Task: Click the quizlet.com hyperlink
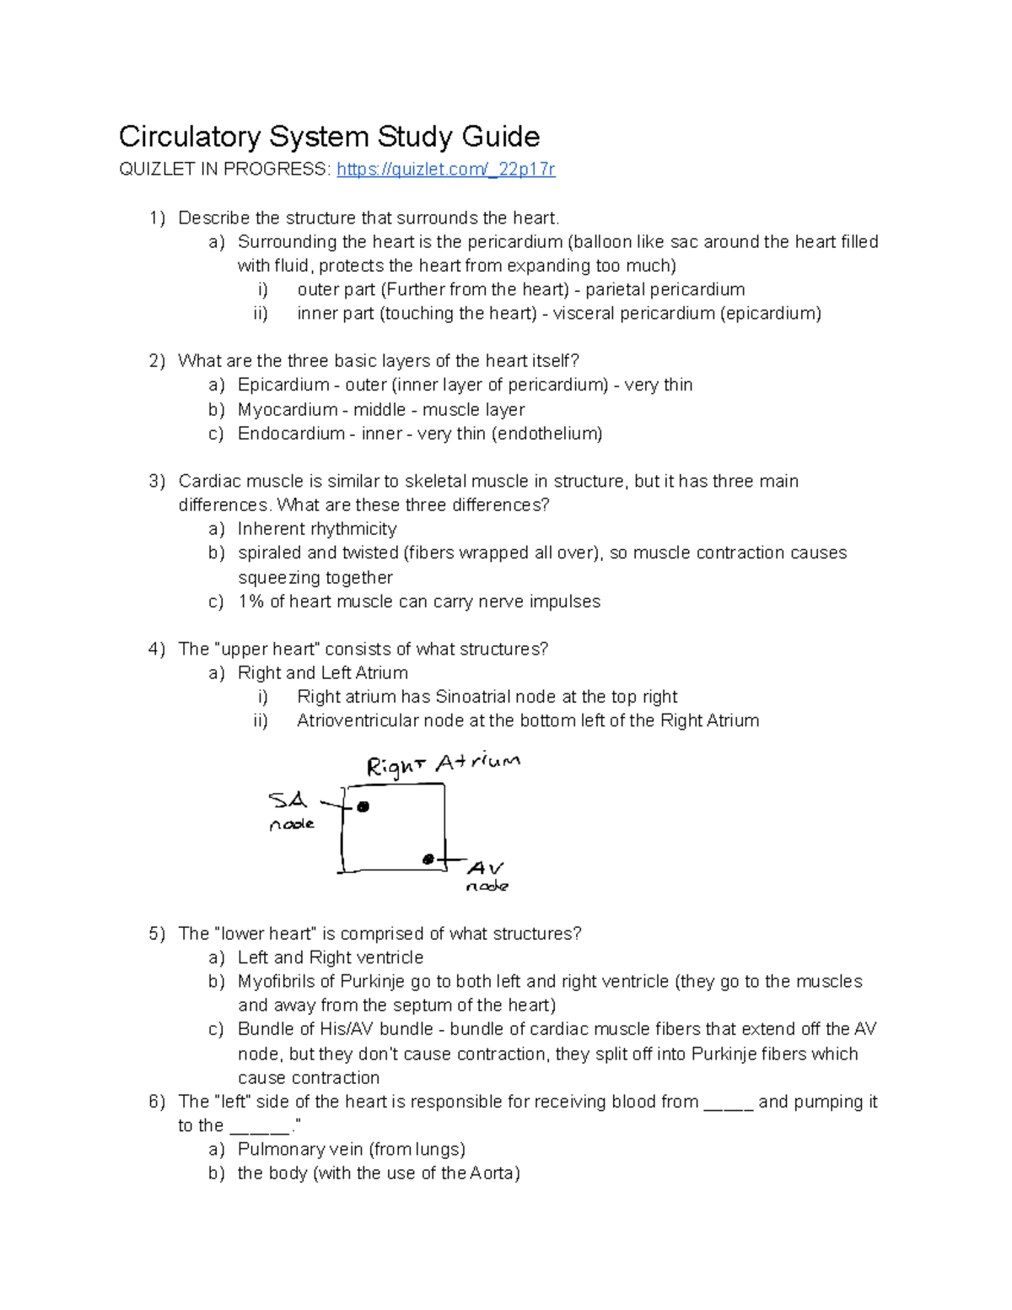445,170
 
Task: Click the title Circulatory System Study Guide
329,136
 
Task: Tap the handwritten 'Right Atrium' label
443,764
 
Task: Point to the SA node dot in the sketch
363,807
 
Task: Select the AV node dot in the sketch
428,860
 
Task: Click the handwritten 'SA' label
287,800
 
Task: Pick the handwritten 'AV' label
485,868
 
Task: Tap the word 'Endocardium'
291,434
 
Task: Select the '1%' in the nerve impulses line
250,601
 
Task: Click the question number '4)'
157,649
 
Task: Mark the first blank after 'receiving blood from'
728,1102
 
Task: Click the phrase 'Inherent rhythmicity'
317,529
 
